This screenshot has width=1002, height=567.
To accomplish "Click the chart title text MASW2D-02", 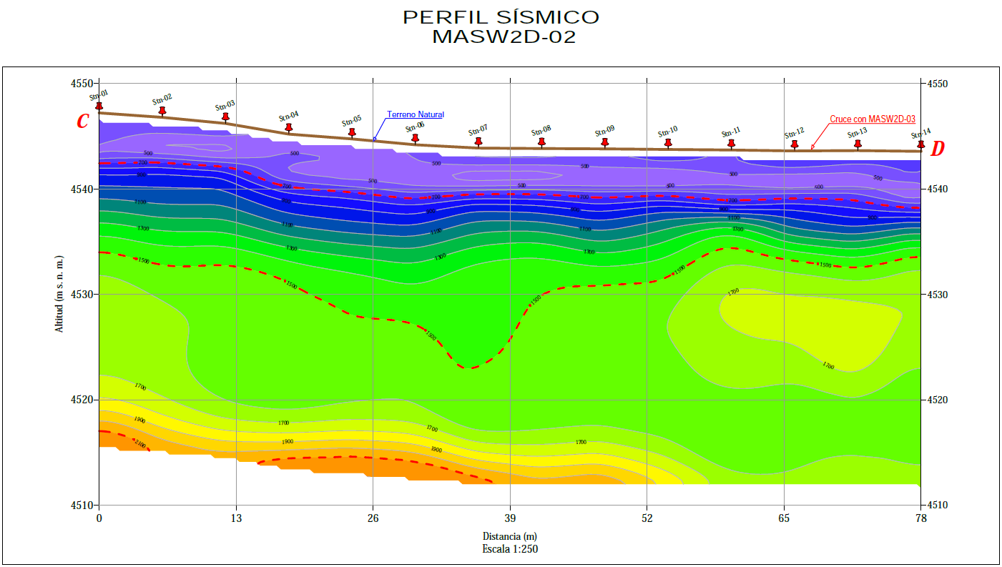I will point(504,37).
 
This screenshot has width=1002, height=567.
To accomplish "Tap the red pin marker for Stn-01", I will point(99,106).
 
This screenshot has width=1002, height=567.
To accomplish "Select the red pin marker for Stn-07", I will point(478,142).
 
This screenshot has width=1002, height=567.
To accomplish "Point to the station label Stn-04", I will point(289,116).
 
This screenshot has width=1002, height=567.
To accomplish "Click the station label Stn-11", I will point(731,132).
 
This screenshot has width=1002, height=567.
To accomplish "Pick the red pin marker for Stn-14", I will point(921,145).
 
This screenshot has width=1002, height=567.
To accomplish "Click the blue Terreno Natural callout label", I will point(416,114).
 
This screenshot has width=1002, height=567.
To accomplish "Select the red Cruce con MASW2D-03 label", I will point(873,119).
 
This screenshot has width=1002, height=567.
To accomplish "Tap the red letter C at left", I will point(83,122).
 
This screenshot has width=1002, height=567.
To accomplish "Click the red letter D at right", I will point(938,149).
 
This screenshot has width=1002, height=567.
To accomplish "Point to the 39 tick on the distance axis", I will point(510,517).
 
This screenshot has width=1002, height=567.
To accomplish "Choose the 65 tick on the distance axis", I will point(784,517).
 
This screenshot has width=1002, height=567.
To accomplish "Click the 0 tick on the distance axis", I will point(99,517).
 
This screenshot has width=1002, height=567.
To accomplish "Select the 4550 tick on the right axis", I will point(937,84).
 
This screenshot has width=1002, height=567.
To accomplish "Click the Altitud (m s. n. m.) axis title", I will point(59,292).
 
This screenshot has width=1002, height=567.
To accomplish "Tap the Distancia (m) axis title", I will point(509,536).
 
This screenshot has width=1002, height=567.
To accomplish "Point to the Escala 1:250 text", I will point(509,549).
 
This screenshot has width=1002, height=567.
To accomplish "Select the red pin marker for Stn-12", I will point(795,144).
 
